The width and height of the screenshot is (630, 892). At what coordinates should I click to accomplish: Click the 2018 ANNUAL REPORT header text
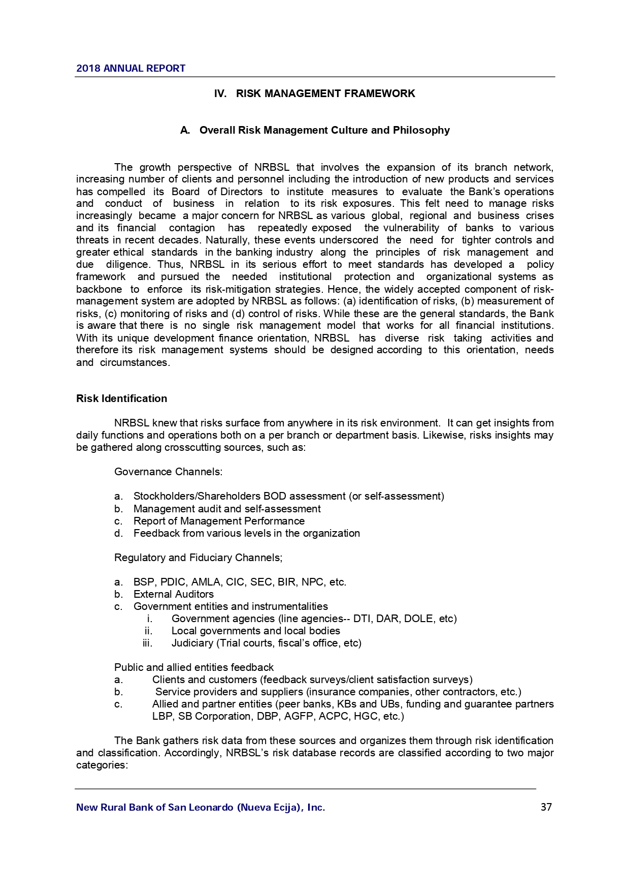130,68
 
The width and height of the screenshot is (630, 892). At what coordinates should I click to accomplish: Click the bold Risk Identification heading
121,398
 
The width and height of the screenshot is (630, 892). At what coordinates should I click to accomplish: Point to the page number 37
546,807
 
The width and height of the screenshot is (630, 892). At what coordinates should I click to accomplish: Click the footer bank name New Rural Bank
201,807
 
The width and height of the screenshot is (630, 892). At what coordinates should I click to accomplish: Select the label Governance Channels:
168,472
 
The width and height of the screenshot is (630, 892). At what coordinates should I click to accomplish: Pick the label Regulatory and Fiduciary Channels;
198,558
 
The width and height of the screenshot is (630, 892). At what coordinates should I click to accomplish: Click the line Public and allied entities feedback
193,667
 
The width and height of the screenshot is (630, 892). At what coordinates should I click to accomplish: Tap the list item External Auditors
173,594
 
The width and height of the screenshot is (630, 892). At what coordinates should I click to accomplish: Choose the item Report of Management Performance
219,521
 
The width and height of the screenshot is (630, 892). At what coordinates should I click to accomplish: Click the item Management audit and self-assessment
227,509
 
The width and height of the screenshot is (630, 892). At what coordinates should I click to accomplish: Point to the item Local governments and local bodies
255,631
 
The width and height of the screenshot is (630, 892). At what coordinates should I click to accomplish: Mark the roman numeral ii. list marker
148,631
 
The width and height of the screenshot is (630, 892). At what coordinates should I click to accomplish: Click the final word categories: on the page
102,765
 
